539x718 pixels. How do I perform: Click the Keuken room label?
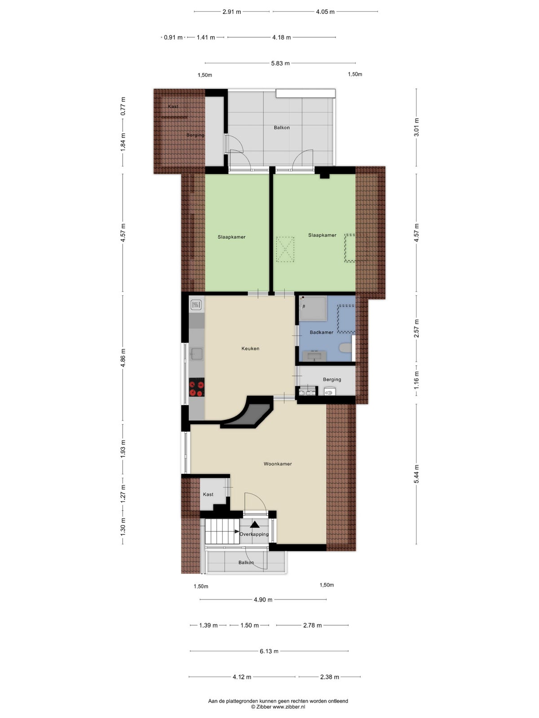[250, 348]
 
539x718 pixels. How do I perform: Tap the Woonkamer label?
[278, 464]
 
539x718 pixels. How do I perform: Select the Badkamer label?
[321, 332]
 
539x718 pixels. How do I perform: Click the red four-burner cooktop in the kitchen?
[197, 387]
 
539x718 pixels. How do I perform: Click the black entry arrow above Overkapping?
[255, 524]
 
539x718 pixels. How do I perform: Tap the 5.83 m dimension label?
[280, 63]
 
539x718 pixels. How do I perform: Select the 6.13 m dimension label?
[269, 651]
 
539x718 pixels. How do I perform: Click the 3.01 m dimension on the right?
[416, 127]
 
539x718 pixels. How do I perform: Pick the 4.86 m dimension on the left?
[123, 358]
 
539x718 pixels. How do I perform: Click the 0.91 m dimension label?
[173, 37]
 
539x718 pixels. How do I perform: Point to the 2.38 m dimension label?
[329, 677]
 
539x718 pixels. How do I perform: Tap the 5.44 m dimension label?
[416, 474]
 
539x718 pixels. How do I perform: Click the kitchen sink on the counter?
[197, 353]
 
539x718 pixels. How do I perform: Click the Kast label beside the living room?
[208, 494]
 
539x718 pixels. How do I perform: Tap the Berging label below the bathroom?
[332, 380]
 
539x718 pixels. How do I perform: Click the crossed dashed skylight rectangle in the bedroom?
[285, 249]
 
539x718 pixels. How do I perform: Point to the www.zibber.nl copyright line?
[278, 706]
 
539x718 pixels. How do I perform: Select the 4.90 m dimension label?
[263, 600]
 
